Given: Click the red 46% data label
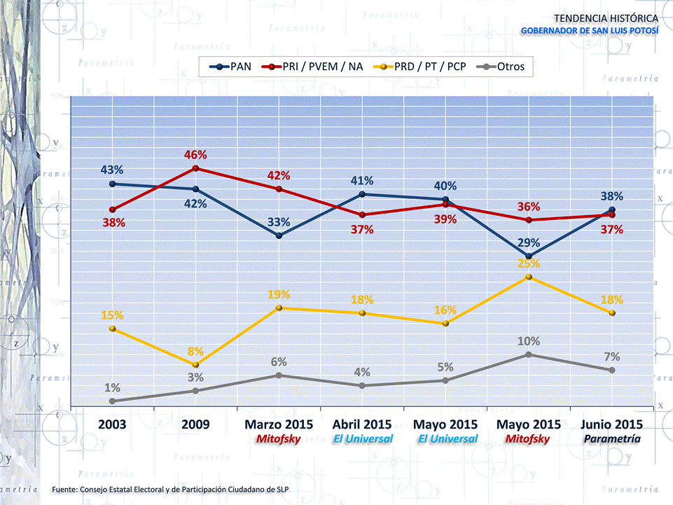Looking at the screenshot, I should coord(195,155).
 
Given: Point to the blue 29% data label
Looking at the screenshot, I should coord(529,243).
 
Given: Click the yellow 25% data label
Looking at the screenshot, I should coord(529,263).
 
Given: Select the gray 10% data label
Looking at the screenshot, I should coord(529,341).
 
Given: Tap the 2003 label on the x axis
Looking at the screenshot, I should coord(112,424).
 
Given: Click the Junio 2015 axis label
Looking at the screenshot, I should coord(612,424).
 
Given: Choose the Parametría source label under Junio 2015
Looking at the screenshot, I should coord(612,438).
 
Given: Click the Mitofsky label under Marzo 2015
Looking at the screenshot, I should coord(279,438).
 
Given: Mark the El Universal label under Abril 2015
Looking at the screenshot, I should coord(362,438).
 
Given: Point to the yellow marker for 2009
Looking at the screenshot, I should coord(195,365).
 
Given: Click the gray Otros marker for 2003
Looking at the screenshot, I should coord(112,401).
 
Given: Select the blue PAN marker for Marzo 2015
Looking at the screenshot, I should coord(279,236).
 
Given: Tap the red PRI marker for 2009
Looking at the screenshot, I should coord(195,168).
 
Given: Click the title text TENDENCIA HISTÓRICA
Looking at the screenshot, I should coord(606,18).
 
